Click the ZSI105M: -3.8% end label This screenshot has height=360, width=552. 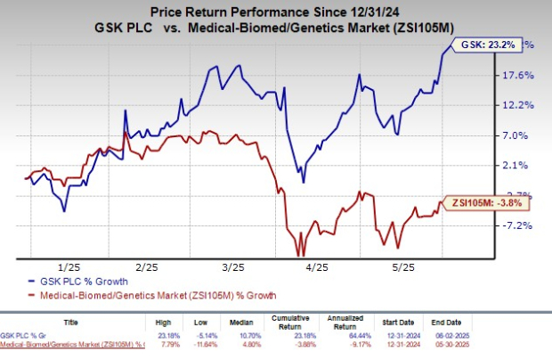(478, 204)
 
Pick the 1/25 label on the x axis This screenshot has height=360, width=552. (63, 267)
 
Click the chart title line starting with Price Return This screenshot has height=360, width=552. (276, 12)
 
